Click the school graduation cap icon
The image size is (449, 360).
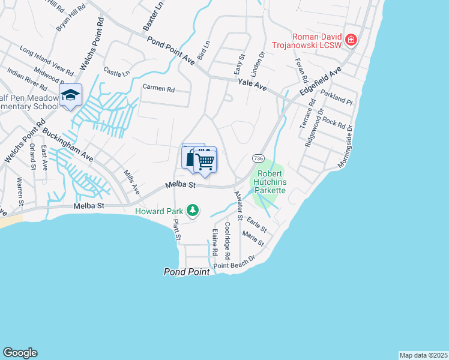(70, 95)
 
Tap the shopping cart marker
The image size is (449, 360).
(205, 160)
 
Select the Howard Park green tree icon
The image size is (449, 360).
(193, 210)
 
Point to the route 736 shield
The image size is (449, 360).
(257, 158)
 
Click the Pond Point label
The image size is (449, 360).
(187, 272)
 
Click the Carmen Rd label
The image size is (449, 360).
(158, 88)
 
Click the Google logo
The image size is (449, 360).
(20, 353)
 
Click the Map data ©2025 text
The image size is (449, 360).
(423, 355)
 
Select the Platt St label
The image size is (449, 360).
(177, 230)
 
